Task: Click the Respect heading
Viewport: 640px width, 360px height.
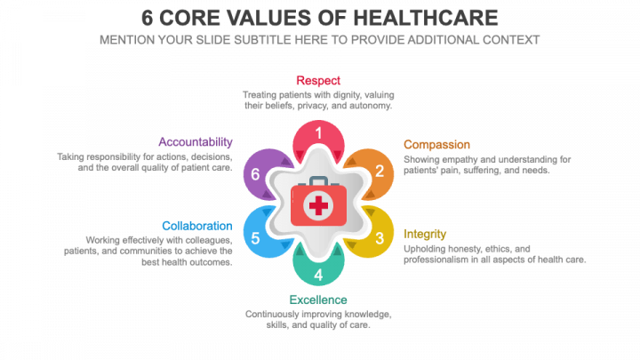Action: tap(318, 80)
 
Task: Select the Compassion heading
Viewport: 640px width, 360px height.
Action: tap(436, 144)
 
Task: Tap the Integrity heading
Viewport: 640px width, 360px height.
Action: tap(425, 234)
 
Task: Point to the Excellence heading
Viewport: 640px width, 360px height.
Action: tap(318, 300)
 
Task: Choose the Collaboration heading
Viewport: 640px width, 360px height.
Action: tap(197, 226)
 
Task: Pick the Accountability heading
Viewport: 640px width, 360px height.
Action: tap(196, 141)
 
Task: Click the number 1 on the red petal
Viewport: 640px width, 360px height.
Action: tap(319, 133)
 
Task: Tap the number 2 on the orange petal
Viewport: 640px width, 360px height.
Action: tap(380, 172)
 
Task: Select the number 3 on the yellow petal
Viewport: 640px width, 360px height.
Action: tap(380, 238)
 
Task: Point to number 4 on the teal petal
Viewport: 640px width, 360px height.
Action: tap(319, 275)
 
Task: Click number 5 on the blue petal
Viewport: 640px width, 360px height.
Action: tap(256, 238)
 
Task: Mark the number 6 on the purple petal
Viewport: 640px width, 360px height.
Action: tap(256, 173)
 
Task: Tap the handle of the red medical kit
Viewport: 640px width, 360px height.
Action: tap(318, 180)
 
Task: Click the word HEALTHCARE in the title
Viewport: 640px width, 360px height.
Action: tap(424, 18)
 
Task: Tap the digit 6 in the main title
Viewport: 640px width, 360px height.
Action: tap(149, 18)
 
